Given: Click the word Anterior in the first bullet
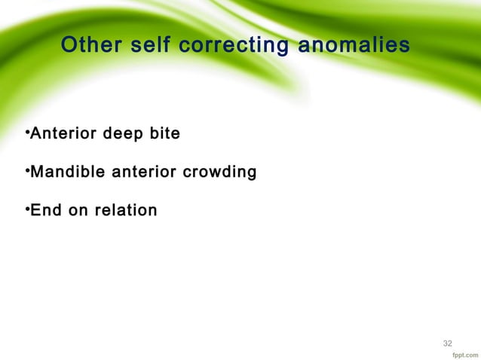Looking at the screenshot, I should [63, 136].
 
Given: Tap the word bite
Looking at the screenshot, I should [163, 136].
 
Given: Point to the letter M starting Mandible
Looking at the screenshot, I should [36, 174].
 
